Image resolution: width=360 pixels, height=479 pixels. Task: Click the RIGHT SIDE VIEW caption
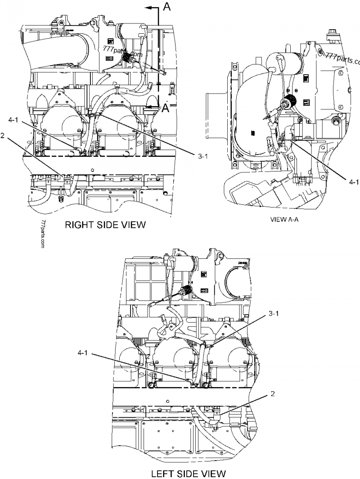point(105,225)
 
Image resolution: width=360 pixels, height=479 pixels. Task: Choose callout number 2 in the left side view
point(272,393)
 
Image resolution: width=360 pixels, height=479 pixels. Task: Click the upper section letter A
point(166,6)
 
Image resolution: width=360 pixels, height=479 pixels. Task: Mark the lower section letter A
point(166,108)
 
